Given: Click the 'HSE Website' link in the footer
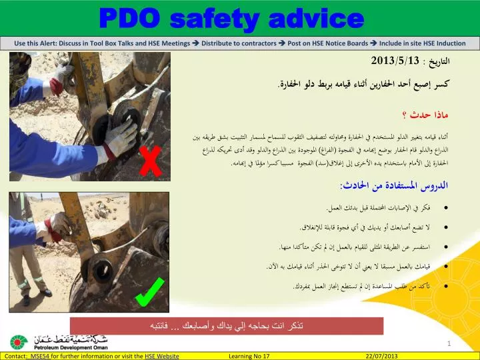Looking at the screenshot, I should tap(161, 356).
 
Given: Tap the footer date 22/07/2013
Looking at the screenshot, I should tap(381, 356).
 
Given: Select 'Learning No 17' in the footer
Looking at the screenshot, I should tap(249, 356).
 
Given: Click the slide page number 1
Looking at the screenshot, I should tap(449, 343).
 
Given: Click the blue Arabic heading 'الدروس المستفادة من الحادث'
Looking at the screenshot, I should tap(414, 184).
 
